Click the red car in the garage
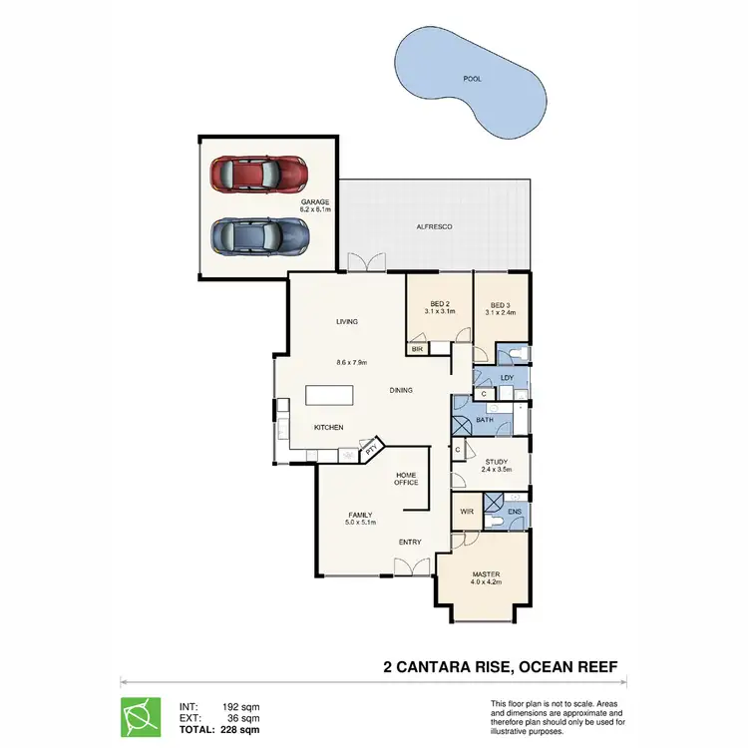(x=258, y=174)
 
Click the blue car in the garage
(x=258, y=236)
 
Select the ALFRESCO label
(x=434, y=227)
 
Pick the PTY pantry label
(x=371, y=450)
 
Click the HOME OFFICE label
(x=406, y=479)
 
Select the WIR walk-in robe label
(x=466, y=512)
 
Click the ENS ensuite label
(x=514, y=512)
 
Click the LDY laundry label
(x=507, y=377)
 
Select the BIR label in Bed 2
(x=418, y=349)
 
